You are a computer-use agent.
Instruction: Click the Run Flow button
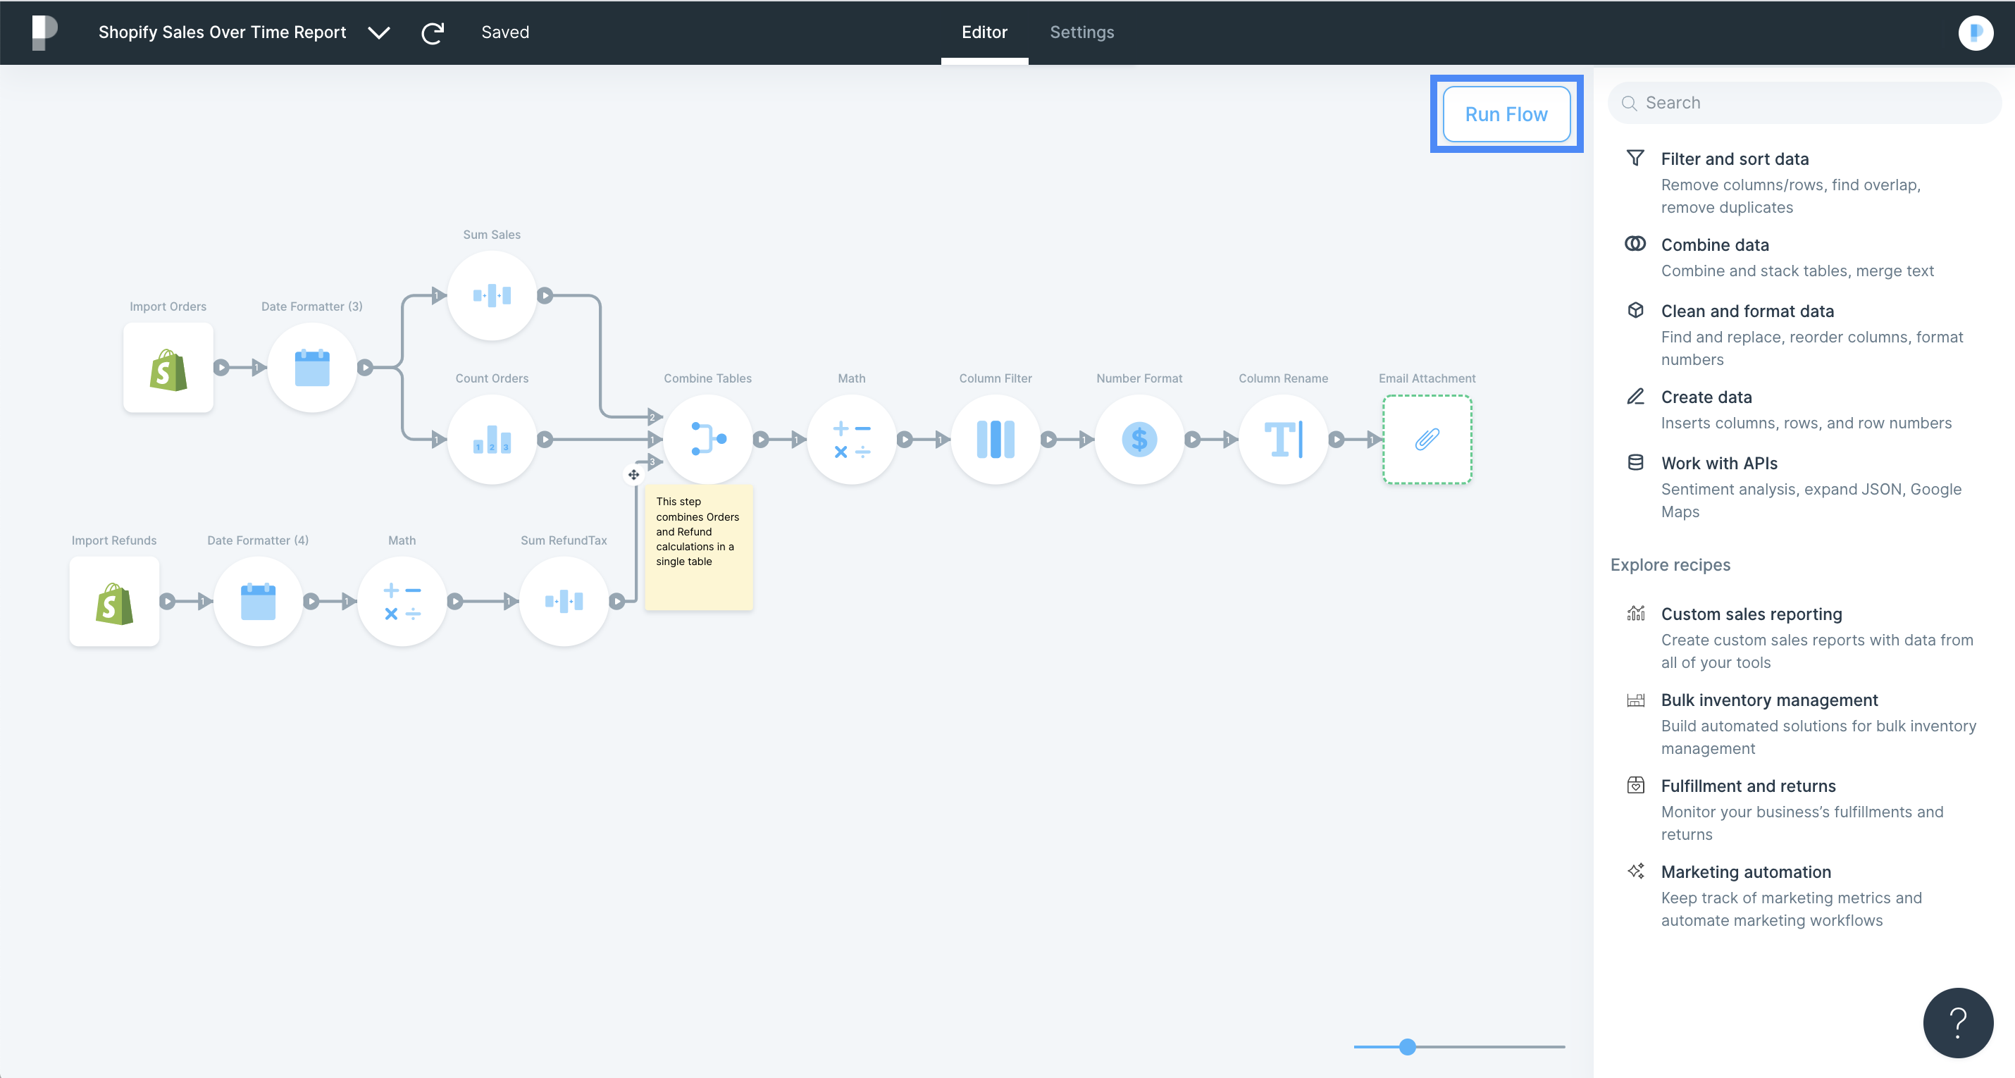tap(1506, 114)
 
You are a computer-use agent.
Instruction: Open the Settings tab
tap(1081, 32)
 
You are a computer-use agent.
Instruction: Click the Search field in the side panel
tap(1804, 102)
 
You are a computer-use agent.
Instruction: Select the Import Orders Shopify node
tap(168, 367)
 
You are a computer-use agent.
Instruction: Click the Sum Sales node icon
tap(492, 295)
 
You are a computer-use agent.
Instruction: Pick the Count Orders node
tap(492, 439)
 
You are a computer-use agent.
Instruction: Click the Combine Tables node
tap(708, 439)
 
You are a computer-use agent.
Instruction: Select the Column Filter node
tap(996, 439)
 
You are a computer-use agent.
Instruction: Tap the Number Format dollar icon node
tap(1140, 439)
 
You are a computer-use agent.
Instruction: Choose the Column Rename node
tap(1284, 439)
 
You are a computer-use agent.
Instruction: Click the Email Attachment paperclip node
tap(1427, 439)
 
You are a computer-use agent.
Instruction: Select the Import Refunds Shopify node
tap(114, 601)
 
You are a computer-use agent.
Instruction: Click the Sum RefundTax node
tap(564, 601)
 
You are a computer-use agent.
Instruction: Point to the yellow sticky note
tap(698, 547)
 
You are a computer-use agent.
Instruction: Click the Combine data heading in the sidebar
tap(1715, 245)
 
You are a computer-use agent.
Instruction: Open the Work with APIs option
tap(1719, 463)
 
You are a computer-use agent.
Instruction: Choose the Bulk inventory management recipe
tap(1769, 700)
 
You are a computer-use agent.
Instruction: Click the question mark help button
tap(1958, 1022)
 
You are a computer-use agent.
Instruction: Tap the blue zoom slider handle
tap(1407, 1047)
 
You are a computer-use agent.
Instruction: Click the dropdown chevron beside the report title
tap(379, 33)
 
